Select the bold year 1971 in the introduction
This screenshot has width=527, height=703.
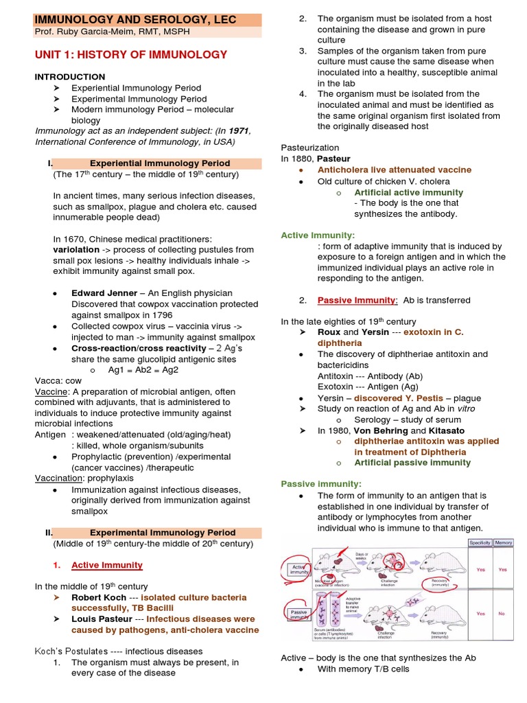coord(238,131)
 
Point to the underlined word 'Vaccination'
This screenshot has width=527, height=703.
coord(58,479)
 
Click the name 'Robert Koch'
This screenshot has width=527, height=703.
coord(99,597)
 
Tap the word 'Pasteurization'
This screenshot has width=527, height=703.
coord(310,148)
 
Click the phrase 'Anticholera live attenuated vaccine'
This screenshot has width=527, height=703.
coord(394,170)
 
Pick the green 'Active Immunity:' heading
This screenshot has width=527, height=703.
coord(318,235)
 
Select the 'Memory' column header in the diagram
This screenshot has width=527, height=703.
coord(504,542)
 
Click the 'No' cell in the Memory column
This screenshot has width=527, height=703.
coord(503,613)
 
